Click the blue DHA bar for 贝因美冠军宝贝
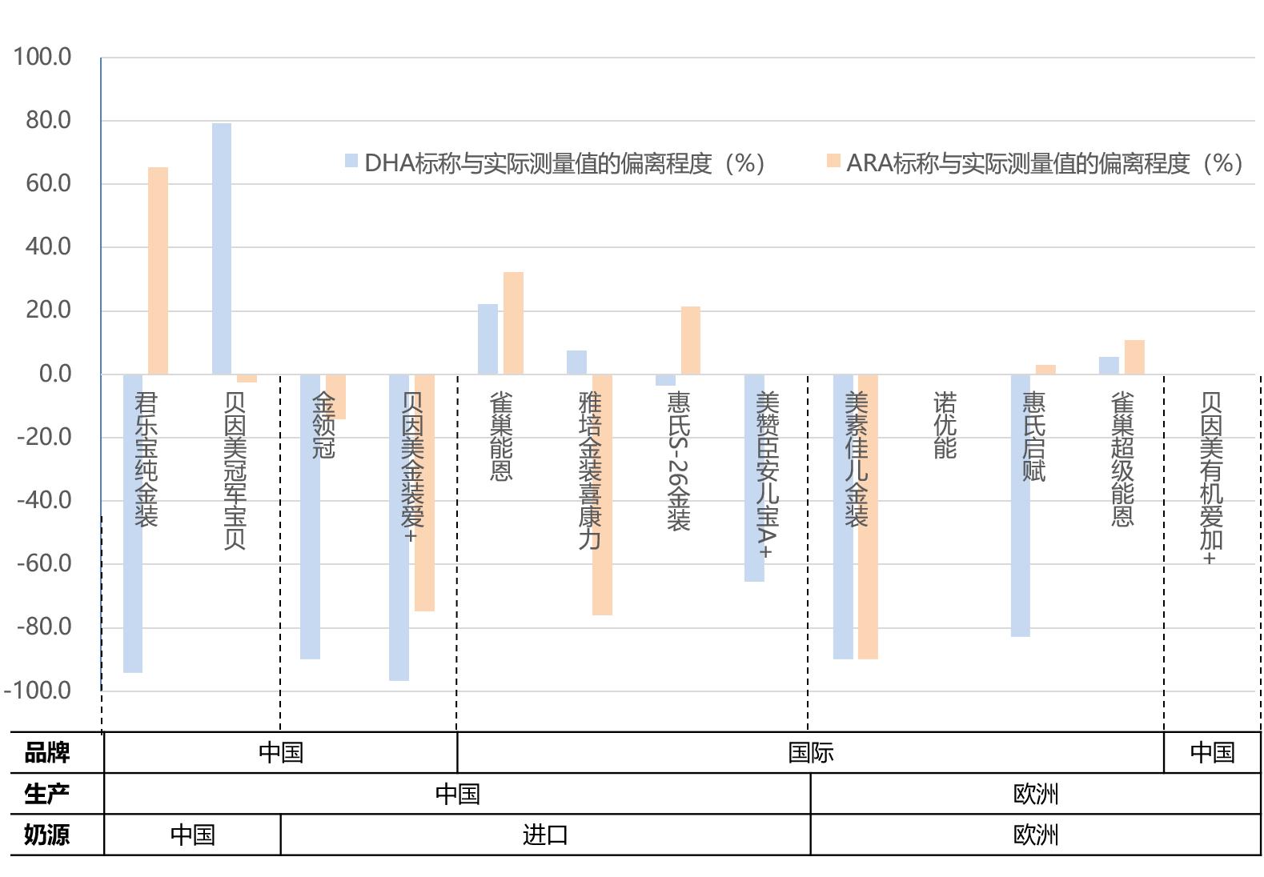222,248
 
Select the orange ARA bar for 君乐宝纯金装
158,270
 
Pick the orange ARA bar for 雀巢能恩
513,323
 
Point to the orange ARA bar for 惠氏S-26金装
690,340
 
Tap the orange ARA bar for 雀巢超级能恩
1134,357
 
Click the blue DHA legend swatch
351,162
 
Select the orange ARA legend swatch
833,162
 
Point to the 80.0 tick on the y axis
48,120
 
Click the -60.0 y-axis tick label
44,563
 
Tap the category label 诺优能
945,425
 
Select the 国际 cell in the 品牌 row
810,752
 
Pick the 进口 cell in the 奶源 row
545,835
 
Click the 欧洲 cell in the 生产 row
1035,794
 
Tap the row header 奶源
47,835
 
